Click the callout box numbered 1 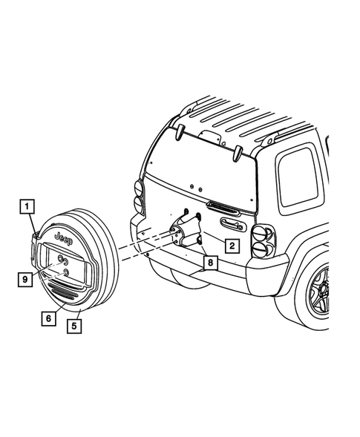coord(26,206)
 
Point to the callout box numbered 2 coord(232,245)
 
